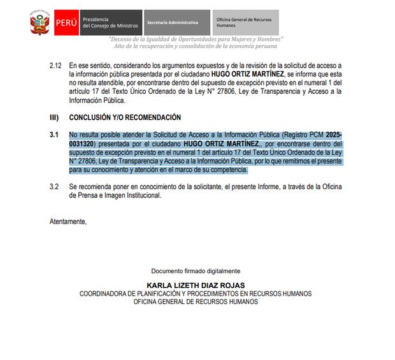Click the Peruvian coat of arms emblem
[x=39, y=24]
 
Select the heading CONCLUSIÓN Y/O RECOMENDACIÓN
[x=125, y=117]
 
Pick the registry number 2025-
[x=334, y=135]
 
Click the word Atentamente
[x=68, y=221]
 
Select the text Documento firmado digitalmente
[x=196, y=271]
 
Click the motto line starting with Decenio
[x=196, y=40]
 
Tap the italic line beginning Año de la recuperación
[x=196, y=47]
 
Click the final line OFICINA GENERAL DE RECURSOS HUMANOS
[x=196, y=301]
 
